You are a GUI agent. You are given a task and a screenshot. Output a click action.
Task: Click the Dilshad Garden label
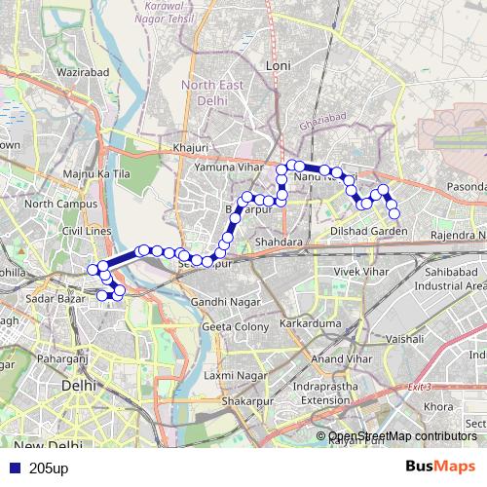(x=369, y=231)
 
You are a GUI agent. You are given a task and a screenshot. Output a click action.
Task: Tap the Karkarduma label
(x=306, y=321)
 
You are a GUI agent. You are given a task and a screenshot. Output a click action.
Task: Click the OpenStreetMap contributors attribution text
(x=402, y=436)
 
